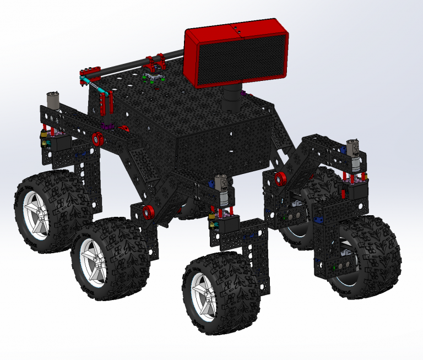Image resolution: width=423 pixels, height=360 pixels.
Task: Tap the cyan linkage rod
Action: [94, 85]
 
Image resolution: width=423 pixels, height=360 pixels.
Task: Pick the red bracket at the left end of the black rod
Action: [86, 72]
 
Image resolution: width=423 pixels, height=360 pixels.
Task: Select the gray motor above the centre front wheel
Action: [221, 184]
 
